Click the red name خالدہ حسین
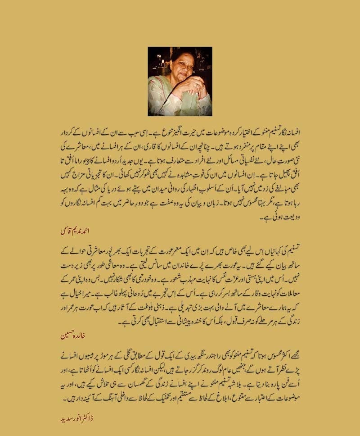[72, 336]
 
